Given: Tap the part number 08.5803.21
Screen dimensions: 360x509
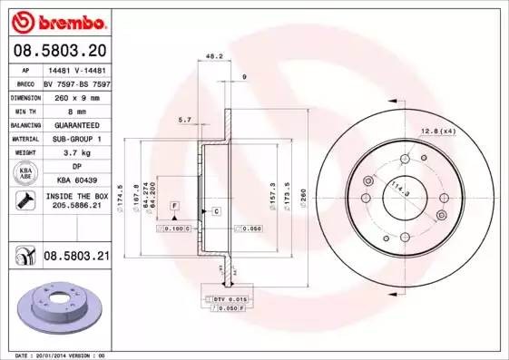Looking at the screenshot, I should click(75, 258).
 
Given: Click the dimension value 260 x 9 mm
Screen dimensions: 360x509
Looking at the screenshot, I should click(75, 96).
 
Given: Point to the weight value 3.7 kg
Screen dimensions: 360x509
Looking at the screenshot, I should click(75, 153).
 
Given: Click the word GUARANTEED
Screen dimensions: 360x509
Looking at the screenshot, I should click(75, 124).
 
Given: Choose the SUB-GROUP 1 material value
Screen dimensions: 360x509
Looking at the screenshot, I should click(75, 139).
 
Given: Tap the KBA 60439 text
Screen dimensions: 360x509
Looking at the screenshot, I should click(75, 180).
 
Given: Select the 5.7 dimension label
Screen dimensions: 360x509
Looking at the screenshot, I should click(185, 120).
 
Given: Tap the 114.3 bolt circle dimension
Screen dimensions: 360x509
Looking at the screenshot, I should click(398, 191).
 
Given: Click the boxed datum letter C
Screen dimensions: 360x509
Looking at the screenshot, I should click(217, 211).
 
